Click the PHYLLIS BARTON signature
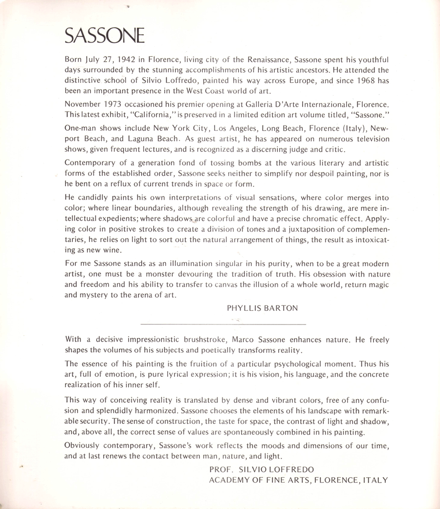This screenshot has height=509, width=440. (262, 308)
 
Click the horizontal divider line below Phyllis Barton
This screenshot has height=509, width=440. (223, 324)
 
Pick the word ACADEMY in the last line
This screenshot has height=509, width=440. (229, 480)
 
